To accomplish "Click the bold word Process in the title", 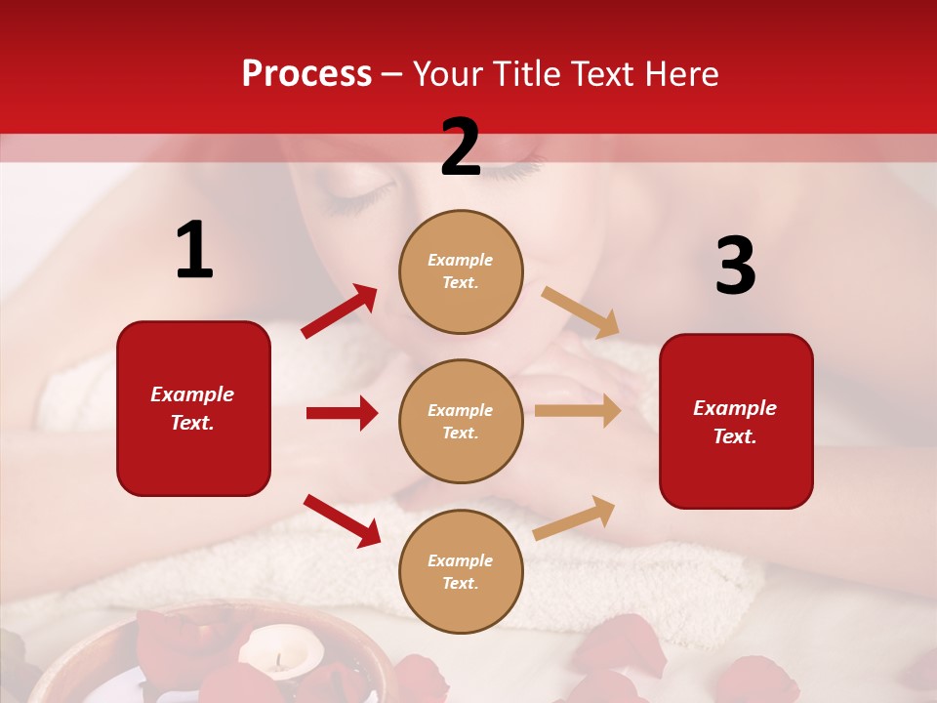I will coord(306,73).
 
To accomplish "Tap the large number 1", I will coord(194,251).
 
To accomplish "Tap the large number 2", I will coord(461,147).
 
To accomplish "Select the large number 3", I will coord(735,267).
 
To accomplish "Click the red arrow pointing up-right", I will coord(340,311).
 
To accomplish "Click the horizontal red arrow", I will coord(342,413).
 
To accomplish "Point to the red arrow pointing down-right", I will coord(343,519).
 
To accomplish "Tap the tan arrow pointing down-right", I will coord(581,312).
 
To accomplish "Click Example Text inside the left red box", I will coord(192,408).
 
